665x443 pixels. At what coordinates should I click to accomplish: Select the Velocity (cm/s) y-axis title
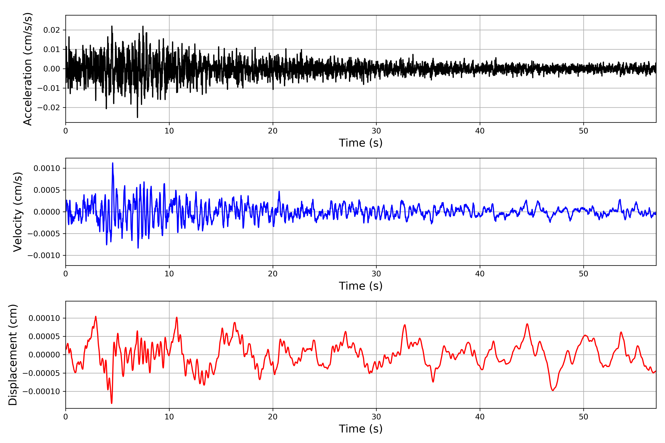point(18,212)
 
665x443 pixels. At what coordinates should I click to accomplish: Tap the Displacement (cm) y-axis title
point(13,355)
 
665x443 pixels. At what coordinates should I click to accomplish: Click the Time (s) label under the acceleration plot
point(361,143)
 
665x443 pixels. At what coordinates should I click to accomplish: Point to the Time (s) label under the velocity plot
point(361,286)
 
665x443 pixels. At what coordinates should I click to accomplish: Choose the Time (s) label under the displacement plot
point(361,429)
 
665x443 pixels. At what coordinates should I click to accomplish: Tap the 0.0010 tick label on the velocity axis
point(47,168)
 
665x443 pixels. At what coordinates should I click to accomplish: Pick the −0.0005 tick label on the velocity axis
point(44,234)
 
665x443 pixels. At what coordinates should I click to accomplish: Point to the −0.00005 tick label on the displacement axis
point(41,373)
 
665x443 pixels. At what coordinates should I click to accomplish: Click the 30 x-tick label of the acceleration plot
point(376,131)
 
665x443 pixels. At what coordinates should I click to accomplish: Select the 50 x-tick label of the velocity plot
point(583,274)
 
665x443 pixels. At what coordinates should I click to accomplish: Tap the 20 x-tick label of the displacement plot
point(273,417)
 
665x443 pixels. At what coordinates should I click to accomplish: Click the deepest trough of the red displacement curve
point(112,403)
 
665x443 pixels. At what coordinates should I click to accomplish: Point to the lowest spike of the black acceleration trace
point(137,117)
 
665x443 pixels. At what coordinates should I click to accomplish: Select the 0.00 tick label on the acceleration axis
point(52,69)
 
